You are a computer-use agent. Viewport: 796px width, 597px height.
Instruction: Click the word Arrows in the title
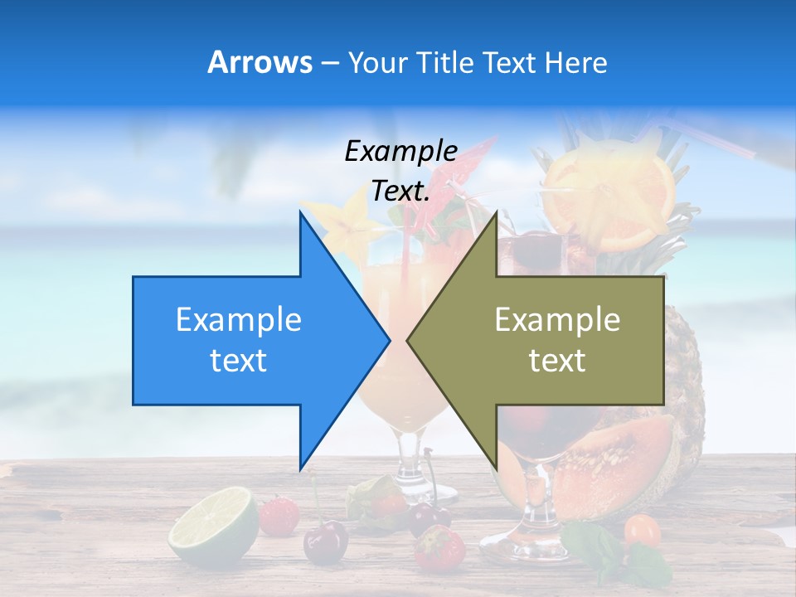click(260, 62)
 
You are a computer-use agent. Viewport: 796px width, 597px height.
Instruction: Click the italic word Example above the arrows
click(400, 151)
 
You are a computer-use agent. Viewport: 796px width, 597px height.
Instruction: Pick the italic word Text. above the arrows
click(400, 191)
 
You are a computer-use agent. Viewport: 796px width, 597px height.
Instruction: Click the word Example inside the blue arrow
click(239, 320)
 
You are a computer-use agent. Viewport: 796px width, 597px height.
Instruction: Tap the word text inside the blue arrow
click(239, 361)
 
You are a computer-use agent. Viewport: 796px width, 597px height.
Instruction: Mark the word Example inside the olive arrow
click(557, 320)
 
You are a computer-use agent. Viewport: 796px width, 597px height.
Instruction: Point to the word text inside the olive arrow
click(557, 361)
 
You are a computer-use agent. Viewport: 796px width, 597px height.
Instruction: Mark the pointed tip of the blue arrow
click(389, 340)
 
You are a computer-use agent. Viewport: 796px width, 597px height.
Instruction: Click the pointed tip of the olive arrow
click(408, 340)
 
